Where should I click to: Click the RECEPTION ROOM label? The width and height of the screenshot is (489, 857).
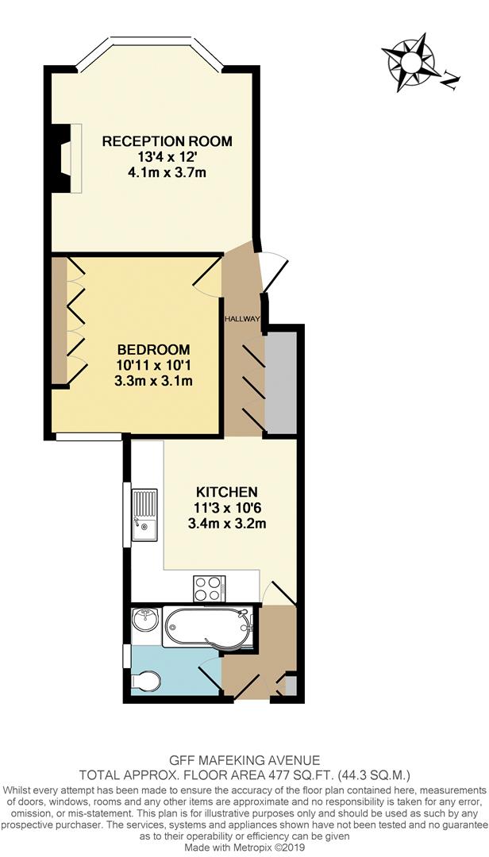167,142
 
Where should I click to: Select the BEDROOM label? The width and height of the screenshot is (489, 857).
154,350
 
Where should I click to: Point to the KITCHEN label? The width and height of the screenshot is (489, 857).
227,492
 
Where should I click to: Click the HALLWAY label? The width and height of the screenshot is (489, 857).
241,319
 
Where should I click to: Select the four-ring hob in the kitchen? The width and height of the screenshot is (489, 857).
209,588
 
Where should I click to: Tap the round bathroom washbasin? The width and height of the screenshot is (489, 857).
144,619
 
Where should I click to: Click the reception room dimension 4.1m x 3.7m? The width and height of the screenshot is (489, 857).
167,172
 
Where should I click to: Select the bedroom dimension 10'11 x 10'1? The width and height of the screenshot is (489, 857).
154,365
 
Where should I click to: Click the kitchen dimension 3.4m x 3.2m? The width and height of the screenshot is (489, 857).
227,523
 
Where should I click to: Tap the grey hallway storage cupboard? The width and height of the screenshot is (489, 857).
279,382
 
